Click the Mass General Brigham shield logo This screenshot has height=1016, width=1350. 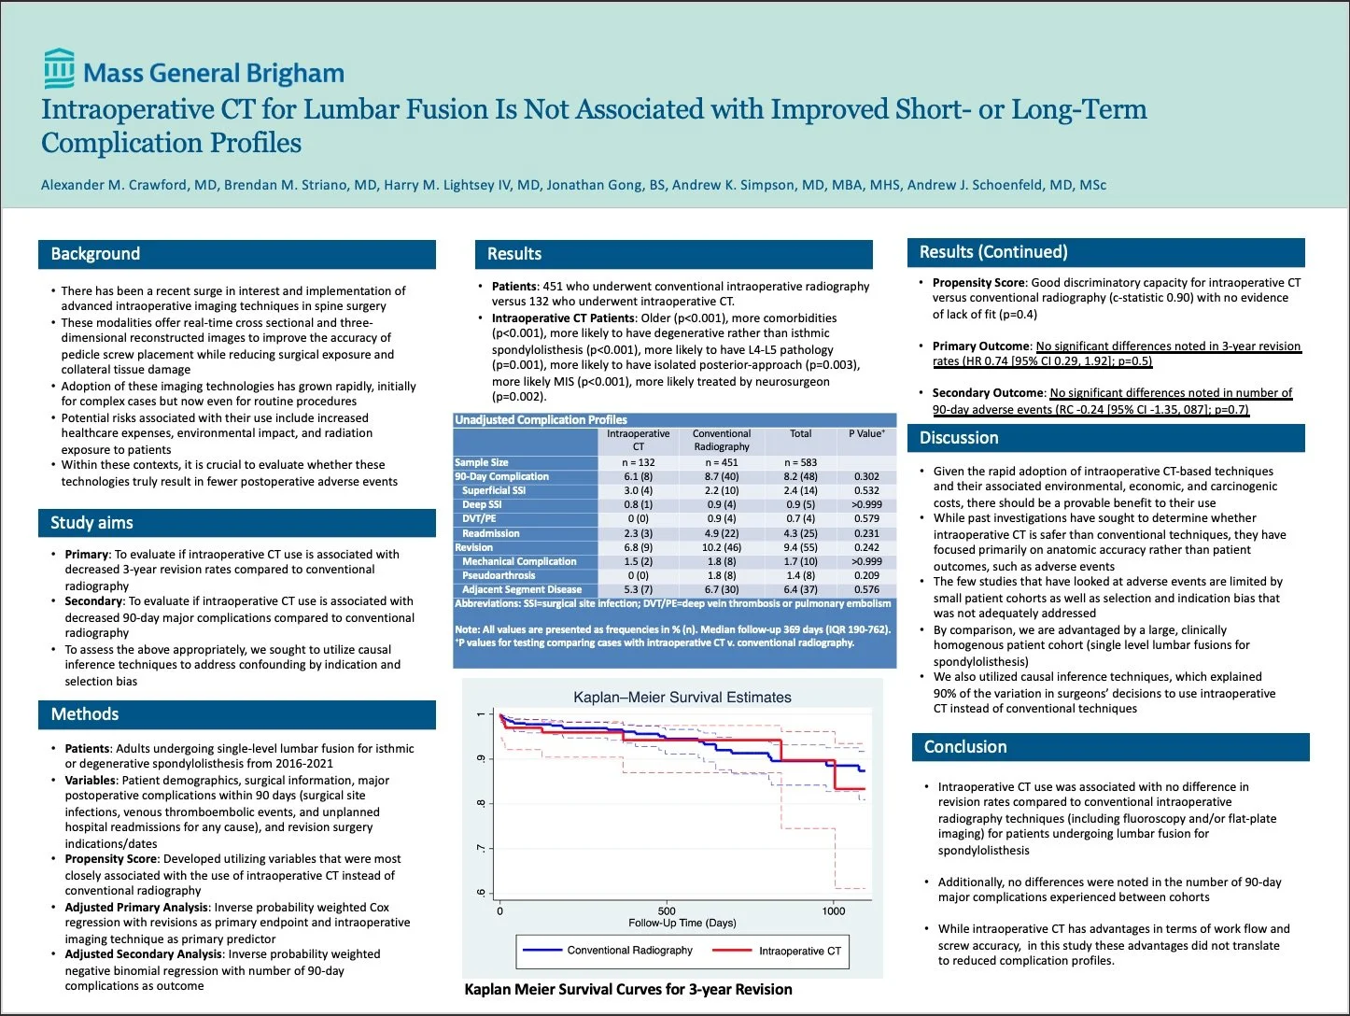59,69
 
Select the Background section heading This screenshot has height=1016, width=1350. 95,254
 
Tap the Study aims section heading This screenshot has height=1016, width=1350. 91,523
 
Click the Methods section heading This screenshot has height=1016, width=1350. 85,714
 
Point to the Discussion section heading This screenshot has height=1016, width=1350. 959,438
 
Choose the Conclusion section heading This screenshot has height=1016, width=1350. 965,747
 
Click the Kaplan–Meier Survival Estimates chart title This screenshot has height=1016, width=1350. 682,698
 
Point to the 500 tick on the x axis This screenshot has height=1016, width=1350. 667,910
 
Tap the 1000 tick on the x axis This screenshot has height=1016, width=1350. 833,910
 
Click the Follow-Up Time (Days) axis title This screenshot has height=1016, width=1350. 682,924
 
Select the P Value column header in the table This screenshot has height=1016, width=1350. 866,434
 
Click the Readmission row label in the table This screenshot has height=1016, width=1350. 491,533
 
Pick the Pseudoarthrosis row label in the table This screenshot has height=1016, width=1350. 499,575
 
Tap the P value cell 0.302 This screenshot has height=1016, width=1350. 866,476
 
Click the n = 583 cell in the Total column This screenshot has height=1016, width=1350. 800,462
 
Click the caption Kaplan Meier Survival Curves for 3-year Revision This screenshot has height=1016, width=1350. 628,990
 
